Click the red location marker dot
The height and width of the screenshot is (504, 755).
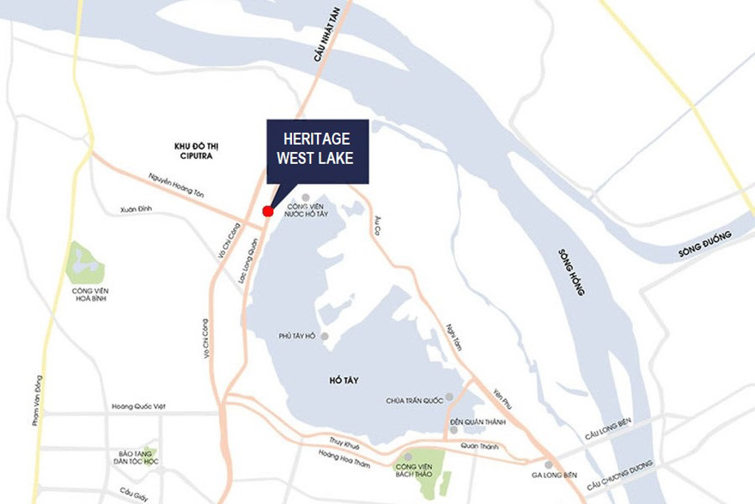pos(268,211)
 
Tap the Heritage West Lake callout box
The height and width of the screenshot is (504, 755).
pos(318,151)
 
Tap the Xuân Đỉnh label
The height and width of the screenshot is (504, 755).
pos(136,210)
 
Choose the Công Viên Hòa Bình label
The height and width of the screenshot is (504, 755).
pos(91,294)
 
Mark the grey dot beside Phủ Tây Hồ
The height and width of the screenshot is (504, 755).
pos(324,336)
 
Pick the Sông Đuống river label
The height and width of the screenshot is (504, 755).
pos(705,245)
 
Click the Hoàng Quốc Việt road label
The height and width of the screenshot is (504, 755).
pos(140,407)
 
